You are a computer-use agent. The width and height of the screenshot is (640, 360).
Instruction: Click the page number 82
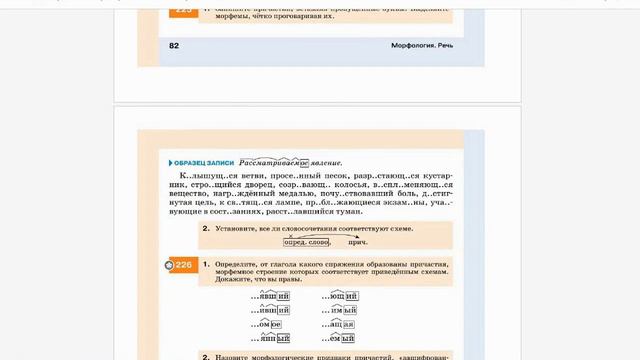pos(173,46)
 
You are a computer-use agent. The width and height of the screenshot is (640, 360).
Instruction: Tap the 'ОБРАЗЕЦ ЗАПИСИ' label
pos(204,162)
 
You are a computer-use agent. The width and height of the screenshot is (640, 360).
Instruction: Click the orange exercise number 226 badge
pos(179,265)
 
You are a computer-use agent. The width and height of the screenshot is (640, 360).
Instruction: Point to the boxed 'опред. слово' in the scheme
pos(306,242)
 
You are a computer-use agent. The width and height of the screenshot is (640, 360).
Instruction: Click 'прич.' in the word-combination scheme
pos(357,242)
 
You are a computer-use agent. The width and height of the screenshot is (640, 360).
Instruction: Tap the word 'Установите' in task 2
pos(238,228)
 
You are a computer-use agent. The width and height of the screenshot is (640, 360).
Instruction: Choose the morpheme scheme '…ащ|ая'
pos(340,324)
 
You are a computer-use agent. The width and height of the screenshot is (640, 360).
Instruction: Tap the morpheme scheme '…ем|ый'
pos(340,338)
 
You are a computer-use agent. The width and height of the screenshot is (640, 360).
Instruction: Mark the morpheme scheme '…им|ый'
pos(340,311)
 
